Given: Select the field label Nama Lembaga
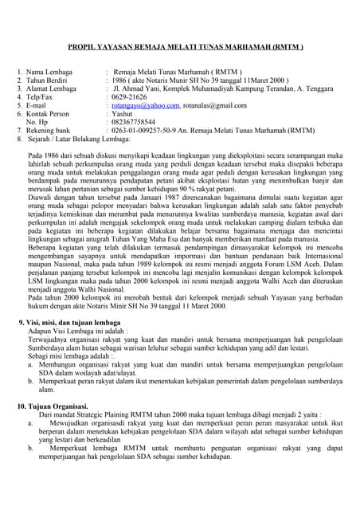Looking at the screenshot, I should (x=49, y=71).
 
